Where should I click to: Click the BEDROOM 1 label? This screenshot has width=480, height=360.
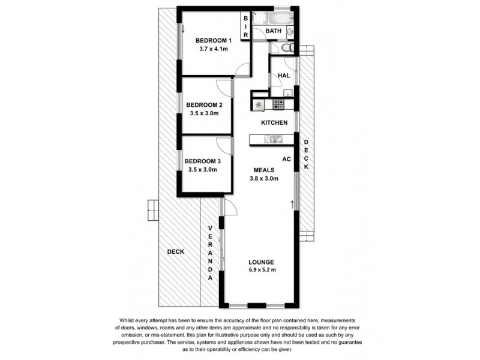[x=213, y=41]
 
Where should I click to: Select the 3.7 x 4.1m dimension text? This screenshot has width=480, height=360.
[x=213, y=49]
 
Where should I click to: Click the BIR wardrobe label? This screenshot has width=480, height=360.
[x=245, y=27]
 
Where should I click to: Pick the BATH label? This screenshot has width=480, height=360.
[x=274, y=31]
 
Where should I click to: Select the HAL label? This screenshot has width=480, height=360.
[x=283, y=76]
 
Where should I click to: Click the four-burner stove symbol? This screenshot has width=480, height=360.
[x=278, y=104]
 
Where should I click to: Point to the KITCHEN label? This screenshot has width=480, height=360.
[x=274, y=122]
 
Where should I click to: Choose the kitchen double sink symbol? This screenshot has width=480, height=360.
[x=274, y=139]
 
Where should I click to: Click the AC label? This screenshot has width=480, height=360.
[x=286, y=159]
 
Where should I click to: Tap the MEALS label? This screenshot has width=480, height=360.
[x=264, y=170]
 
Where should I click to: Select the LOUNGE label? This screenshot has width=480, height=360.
[x=262, y=262]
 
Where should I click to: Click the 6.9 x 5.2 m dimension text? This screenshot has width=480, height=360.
[x=262, y=271]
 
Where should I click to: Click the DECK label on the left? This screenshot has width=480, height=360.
[x=175, y=252]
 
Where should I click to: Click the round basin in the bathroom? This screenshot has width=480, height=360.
[x=290, y=31]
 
